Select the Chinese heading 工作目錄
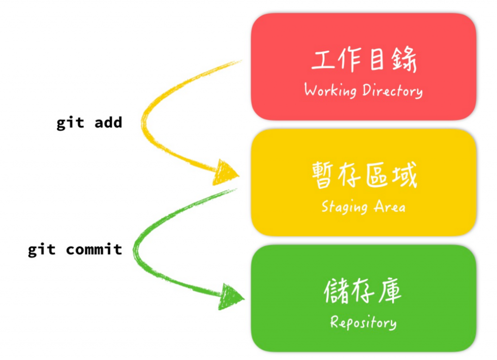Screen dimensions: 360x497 364,60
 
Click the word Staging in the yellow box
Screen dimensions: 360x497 345,207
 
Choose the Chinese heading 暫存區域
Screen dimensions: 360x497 364,176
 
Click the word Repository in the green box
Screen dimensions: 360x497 363,323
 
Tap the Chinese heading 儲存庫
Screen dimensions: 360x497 363,292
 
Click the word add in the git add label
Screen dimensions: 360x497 108,122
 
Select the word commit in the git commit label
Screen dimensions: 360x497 94,249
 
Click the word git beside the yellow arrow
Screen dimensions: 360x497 71,123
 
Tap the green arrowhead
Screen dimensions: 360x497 231,296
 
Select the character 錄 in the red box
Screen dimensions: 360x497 404,60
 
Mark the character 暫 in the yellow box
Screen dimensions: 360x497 324,176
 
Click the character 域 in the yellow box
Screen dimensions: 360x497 404,176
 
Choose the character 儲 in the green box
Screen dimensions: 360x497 337,292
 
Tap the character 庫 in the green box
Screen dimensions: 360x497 390,292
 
